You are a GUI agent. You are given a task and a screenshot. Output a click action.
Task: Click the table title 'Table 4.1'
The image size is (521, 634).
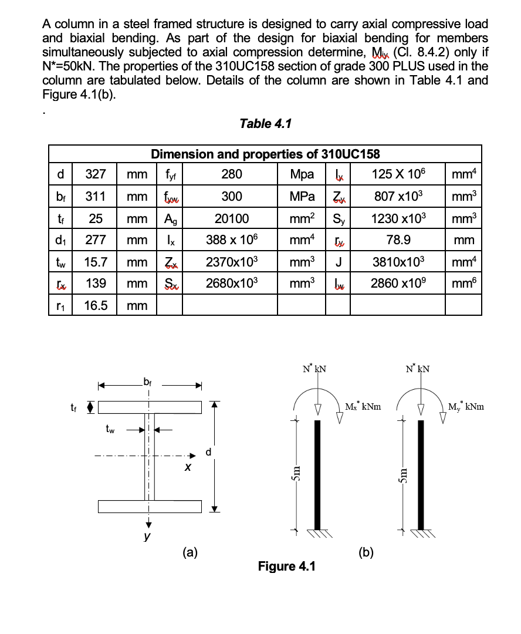pos(265,124)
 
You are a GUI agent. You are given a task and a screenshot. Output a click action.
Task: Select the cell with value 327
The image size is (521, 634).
pos(95,175)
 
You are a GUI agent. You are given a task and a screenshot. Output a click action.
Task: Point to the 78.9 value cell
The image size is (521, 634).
pos(398,240)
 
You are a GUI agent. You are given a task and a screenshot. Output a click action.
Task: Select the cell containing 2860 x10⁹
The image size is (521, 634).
pos(398,284)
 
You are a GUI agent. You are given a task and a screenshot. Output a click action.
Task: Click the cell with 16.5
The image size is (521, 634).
pos(95,305)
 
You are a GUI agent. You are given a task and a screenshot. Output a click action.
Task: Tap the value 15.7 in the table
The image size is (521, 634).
pos(95,262)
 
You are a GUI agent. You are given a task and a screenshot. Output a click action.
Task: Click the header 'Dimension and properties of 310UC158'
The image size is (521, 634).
pos(265,154)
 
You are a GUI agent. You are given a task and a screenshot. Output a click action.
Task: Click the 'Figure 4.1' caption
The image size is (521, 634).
pos(286,566)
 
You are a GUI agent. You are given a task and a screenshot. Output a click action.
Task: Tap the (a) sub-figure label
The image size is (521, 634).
pos(190,551)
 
